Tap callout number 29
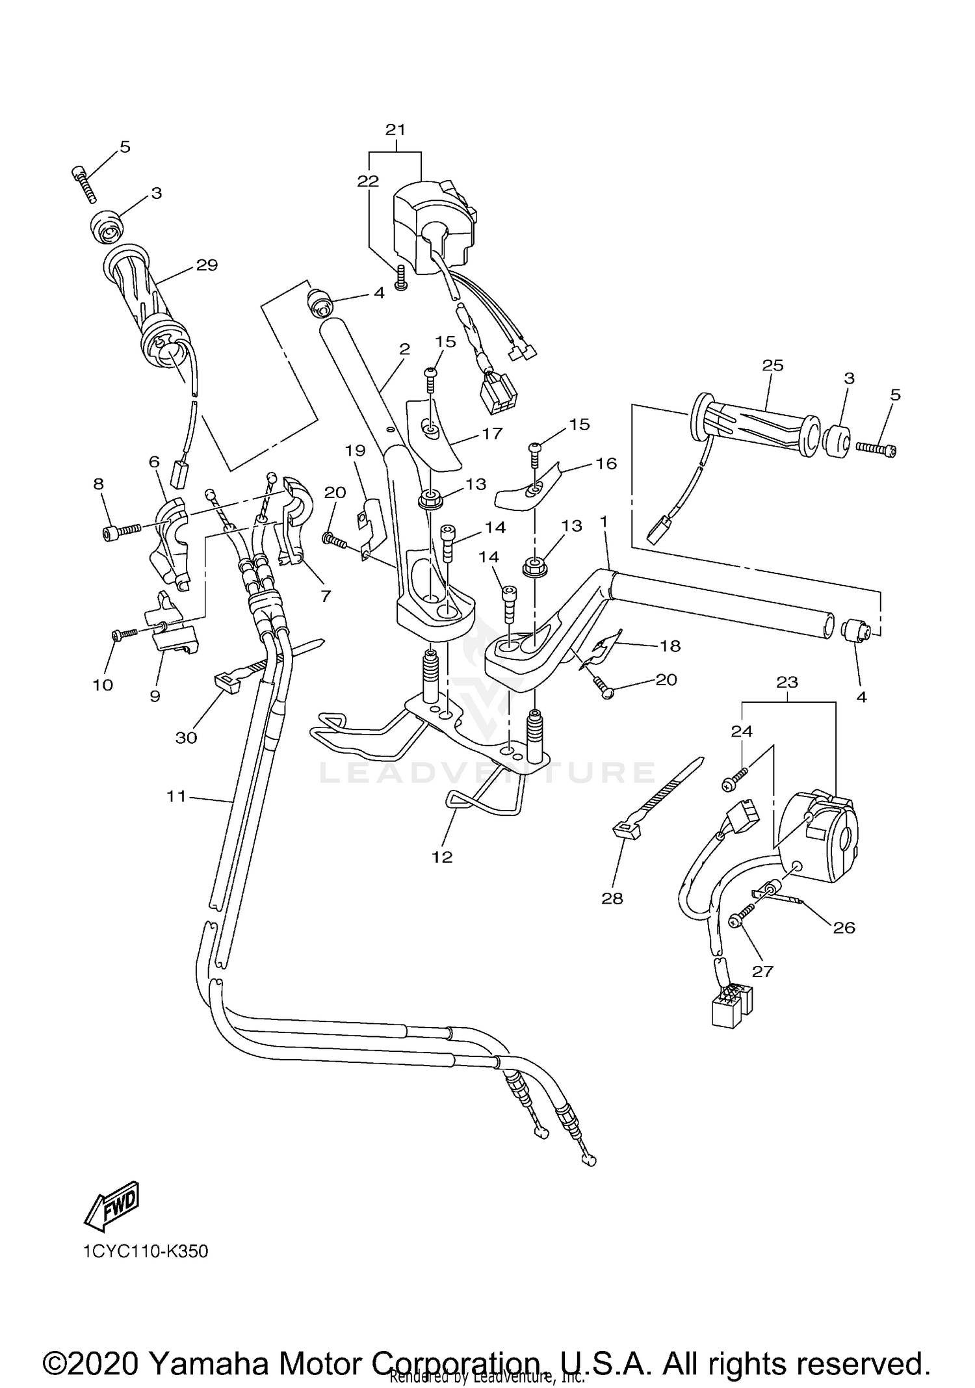click(206, 265)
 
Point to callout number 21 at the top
click(395, 129)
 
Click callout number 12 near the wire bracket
click(441, 857)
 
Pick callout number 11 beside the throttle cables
click(176, 796)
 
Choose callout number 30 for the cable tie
click(186, 738)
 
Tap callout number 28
click(612, 898)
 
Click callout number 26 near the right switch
click(844, 928)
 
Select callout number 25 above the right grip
click(773, 365)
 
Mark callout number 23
click(787, 682)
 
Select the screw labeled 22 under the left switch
click(401, 279)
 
